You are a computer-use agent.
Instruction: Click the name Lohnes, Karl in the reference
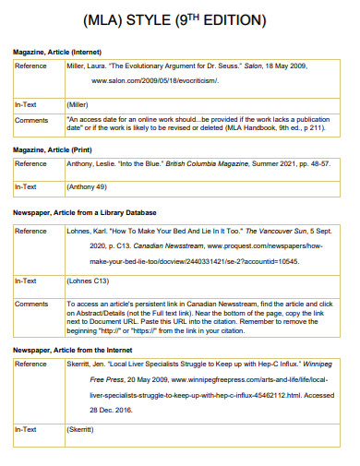pyautogui.click(x=90, y=231)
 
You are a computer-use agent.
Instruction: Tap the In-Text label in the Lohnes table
pyautogui.click(x=27, y=281)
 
